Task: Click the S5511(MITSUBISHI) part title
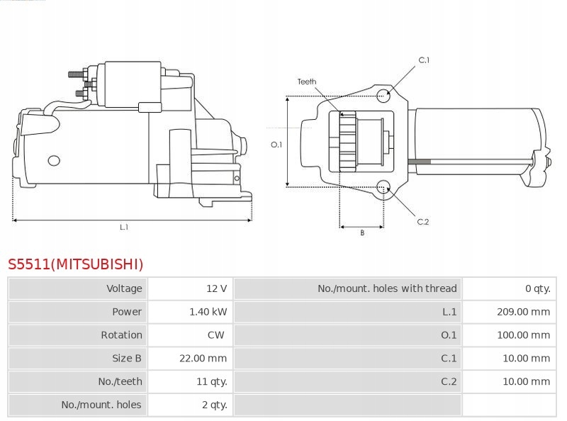(x=76, y=264)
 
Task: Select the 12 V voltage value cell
(x=216, y=288)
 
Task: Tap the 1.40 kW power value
(x=208, y=312)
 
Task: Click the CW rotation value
(x=216, y=335)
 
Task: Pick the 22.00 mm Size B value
(x=203, y=359)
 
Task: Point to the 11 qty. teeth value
(x=211, y=381)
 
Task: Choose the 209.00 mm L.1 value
(x=523, y=312)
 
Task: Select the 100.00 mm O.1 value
(x=523, y=335)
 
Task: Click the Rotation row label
(x=121, y=335)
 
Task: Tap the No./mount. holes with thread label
(x=387, y=288)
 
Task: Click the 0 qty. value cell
(x=538, y=288)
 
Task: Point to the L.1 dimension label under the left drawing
(x=124, y=227)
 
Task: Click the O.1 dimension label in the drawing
(x=276, y=145)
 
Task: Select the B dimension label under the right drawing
(x=362, y=233)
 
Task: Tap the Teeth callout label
(x=307, y=82)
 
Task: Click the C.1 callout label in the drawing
(x=424, y=60)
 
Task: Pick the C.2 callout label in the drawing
(x=422, y=222)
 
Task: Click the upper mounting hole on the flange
(x=383, y=96)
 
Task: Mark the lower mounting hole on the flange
(x=383, y=187)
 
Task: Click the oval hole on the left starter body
(x=54, y=161)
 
